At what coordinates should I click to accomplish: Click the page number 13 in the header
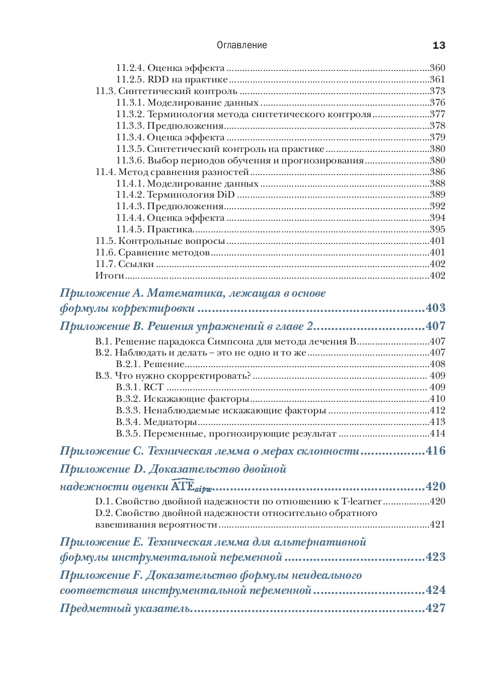pyautogui.click(x=439, y=45)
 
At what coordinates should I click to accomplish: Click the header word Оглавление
pyautogui.click(x=241, y=45)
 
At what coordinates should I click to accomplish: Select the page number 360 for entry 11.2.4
pyautogui.click(x=437, y=68)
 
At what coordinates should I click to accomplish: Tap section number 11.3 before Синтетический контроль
pyautogui.click(x=106, y=91)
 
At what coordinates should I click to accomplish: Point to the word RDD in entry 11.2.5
pyautogui.click(x=158, y=79)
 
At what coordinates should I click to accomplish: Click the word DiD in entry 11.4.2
pyautogui.click(x=226, y=195)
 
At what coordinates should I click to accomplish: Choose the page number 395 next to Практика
pyautogui.click(x=437, y=229)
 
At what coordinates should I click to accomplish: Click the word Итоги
pyautogui.click(x=110, y=276)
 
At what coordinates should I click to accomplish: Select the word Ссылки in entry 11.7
pyautogui.click(x=136, y=264)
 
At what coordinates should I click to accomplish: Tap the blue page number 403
pyautogui.click(x=435, y=308)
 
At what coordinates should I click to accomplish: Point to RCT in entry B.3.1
pyautogui.click(x=153, y=387)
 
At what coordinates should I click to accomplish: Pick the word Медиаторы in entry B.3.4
pyautogui.click(x=170, y=422)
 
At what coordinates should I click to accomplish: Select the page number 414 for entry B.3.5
pyautogui.click(x=437, y=433)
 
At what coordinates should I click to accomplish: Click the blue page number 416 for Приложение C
pyautogui.click(x=435, y=451)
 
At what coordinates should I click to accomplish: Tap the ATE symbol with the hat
pyautogui.click(x=183, y=486)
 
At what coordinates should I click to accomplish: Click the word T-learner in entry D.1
pyautogui.click(x=361, y=501)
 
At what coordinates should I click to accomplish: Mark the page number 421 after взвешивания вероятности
pyautogui.click(x=437, y=525)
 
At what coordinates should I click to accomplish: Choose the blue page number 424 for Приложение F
pyautogui.click(x=435, y=590)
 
